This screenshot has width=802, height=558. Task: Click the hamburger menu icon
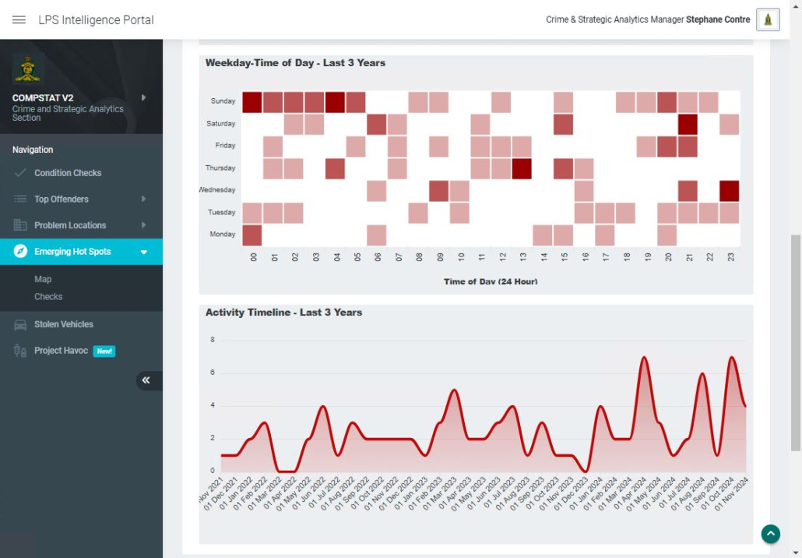tap(19, 19)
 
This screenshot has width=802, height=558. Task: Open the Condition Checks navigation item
tap(68, 173)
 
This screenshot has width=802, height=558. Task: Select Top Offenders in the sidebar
tap(62, 200)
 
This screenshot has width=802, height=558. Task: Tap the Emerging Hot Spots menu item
tap(72, 252)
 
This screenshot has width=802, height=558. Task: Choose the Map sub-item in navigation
tap(43, 279)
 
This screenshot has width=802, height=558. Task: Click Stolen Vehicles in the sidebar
tap(64, 324)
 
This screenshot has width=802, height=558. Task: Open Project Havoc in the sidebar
tap(61, 351)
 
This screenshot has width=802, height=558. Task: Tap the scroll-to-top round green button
tap(770, 534)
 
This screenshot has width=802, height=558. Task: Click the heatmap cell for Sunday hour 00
tap(252, 102)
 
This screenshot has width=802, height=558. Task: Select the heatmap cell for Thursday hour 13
tap(522, 168)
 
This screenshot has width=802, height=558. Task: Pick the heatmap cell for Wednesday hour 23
tap(729, 191)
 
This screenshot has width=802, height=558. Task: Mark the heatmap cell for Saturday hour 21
tap(688, 124)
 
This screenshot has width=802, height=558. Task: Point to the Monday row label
tap(223, 235)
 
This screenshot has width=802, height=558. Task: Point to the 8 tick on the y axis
tap(212, 340)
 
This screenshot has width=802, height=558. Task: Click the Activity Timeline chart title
tap(283, 313)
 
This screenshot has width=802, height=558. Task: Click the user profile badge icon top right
tap(768, 19)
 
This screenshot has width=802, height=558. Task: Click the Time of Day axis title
tap(491, 281)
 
